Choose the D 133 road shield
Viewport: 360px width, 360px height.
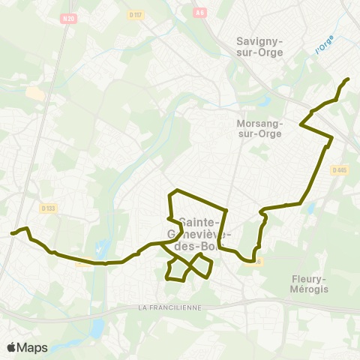49,208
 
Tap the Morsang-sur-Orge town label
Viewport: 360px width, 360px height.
258,128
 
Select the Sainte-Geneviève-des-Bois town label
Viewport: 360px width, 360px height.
198,234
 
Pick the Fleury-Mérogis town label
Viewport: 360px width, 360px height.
310,283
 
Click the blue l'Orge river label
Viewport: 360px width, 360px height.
323,46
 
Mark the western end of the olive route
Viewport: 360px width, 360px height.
12,234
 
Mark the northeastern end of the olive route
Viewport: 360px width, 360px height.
348,79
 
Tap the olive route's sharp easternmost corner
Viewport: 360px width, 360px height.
332,137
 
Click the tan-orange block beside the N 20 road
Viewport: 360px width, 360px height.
35,93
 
